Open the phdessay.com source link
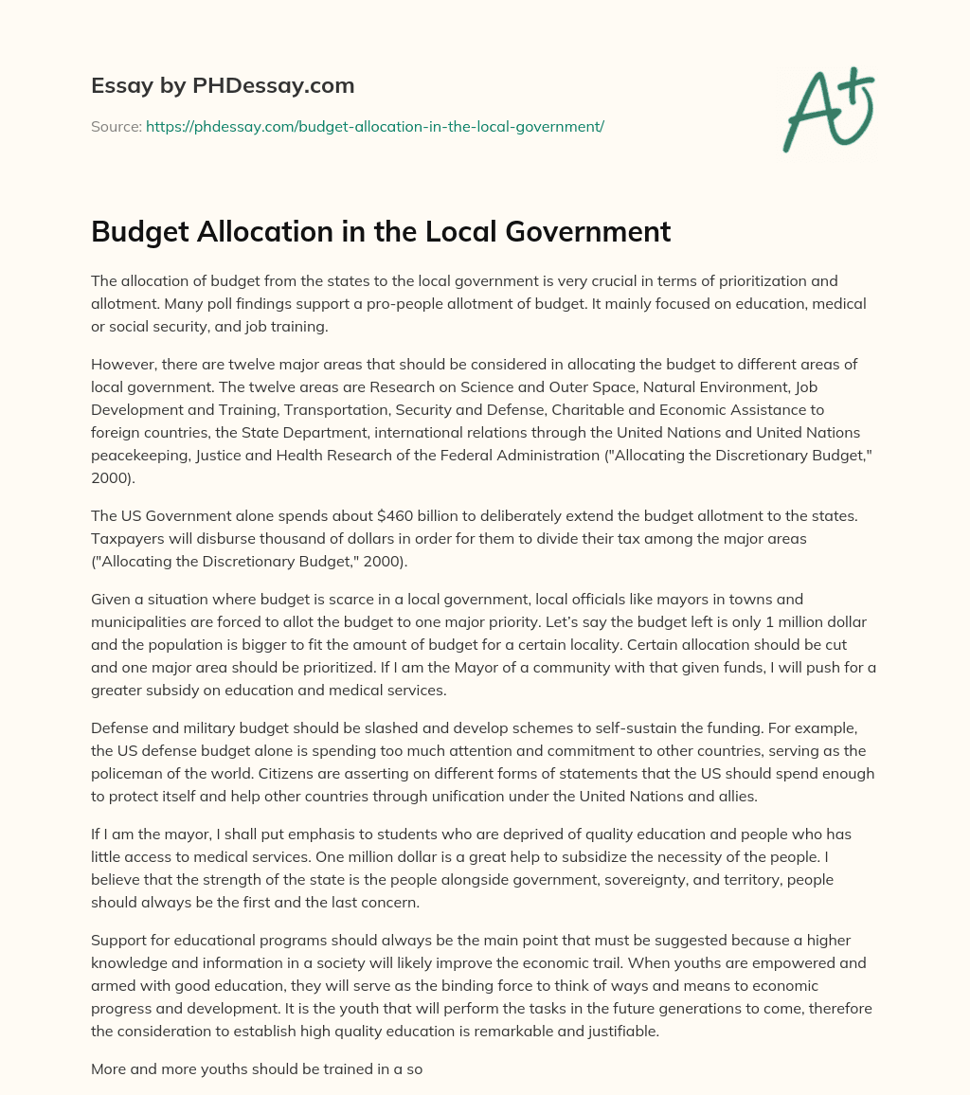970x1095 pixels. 375,126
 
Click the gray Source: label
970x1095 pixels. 117,126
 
